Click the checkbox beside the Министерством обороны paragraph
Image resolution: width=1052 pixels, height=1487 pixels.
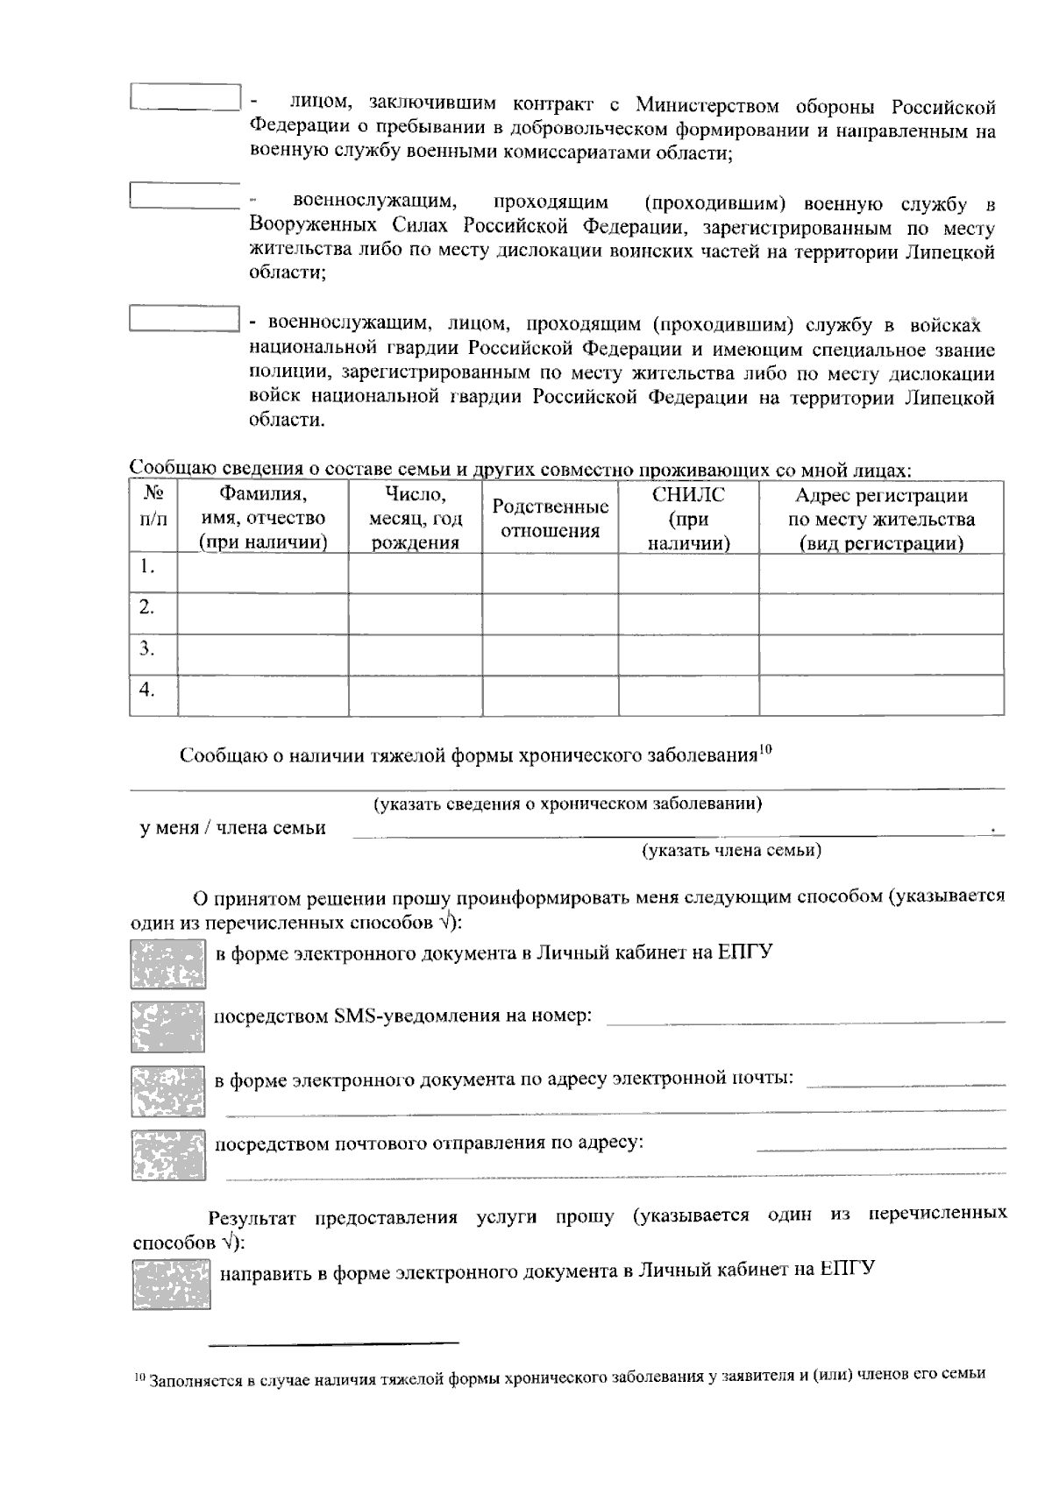tap(184, 97)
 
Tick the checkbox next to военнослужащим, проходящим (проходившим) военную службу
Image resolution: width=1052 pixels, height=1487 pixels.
tap(184, 195)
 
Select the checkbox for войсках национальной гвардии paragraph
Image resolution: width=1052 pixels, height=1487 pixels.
tap(184, 317)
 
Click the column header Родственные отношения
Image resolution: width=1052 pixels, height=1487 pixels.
tap(550, 518)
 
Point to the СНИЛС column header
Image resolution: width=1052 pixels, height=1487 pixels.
tap(688, 519)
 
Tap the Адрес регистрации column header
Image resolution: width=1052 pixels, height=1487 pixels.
tap(881, 519)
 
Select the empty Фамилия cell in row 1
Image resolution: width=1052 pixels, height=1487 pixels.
tap(262, 573)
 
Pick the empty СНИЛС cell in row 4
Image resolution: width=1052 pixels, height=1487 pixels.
tap(688, 695)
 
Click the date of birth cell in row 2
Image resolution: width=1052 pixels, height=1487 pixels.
tap(415, 613)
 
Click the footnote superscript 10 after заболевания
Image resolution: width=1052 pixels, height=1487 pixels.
tap(765, 748)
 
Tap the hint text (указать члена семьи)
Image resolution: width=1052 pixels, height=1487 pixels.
tap(731, 850)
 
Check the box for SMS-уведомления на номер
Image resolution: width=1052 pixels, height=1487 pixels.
tap(167, 1026)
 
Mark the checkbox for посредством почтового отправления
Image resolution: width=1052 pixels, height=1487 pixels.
tap(167, 1155)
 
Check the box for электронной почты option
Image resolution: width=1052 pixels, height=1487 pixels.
tap(167, 1091)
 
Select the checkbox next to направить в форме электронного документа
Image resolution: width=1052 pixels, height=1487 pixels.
tap(171, 1285)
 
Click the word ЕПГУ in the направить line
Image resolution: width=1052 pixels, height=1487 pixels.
tap(848, 1269)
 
